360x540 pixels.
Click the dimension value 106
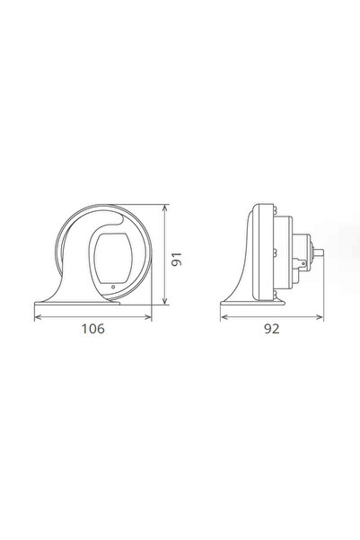coord(92,330)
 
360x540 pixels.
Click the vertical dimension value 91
coord(178,260)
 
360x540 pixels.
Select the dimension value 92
coord(271,330)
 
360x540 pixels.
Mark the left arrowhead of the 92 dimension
coord(224,315)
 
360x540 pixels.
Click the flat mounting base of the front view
coord(90,303)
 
